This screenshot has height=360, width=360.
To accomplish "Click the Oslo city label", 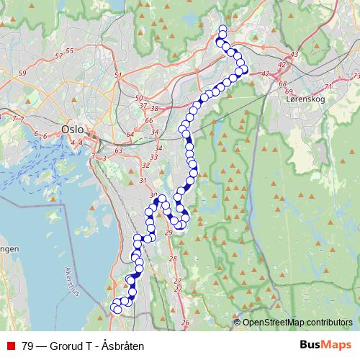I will click(x=72, y=130).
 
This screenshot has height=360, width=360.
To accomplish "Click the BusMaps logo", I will click(x=325, y=346).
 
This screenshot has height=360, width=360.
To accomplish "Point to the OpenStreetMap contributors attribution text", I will click(x=297, y=323).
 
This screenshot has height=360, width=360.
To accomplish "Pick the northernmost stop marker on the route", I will click(x=222, y=29).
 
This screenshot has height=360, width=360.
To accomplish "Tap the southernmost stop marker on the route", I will click(x=118, y=310).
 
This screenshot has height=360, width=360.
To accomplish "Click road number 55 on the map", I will click(x=69, y=50).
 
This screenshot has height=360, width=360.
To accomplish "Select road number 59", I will click(x=22, y=73).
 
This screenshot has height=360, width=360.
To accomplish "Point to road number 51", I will click(x=118, y=75).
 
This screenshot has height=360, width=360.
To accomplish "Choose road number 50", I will click(x=140, y=98).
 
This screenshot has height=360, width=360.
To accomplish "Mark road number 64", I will click(x=130, y=134).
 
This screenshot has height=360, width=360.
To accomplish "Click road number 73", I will click(x=355, y=76).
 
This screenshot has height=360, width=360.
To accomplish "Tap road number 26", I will click(x=185, y=323).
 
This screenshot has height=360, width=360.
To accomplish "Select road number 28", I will click(x=172, y=258).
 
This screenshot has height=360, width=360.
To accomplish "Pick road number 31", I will click(x=143, y=181).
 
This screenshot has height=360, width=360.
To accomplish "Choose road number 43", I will click(x=294, y=55).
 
